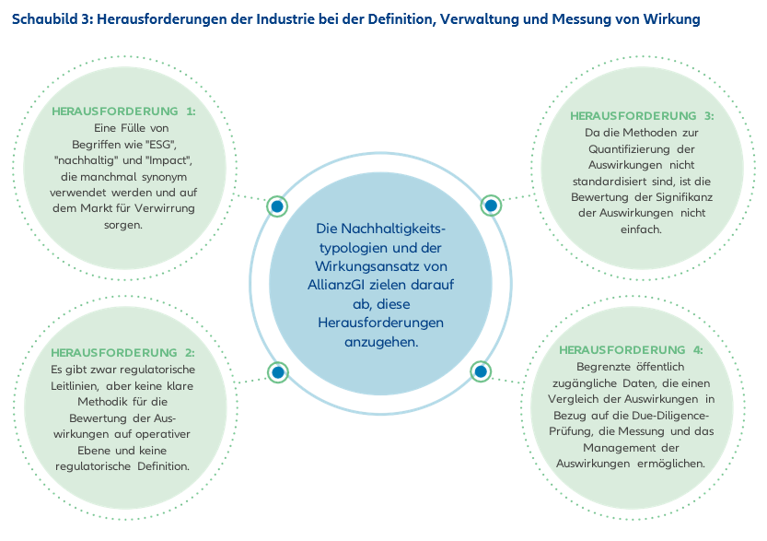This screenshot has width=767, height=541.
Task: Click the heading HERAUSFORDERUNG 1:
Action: (x=123, y=112)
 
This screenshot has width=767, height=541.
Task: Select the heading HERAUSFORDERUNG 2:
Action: (x=122, y=352)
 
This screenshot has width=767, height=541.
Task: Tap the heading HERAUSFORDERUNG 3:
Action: (x=642, y=116)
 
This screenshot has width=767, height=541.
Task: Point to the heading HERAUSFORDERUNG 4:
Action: (x=631, y=350)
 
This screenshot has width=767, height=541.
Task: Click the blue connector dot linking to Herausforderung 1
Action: (x=277, y=206)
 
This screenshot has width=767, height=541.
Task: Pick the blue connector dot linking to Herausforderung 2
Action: (x=278, y=372)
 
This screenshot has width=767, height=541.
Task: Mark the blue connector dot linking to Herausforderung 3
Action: (x=491, y=206)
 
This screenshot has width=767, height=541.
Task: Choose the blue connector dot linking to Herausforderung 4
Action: (x=481, y=371)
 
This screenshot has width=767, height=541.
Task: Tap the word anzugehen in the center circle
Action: (x=381, y=342)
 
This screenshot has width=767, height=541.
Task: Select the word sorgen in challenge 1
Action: (x=123, y=225)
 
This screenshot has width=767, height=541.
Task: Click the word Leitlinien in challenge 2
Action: (x=75, y=386)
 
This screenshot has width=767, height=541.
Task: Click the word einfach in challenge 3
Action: (x=641, y=229)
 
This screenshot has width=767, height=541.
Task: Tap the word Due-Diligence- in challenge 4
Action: (x=670, y=416)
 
